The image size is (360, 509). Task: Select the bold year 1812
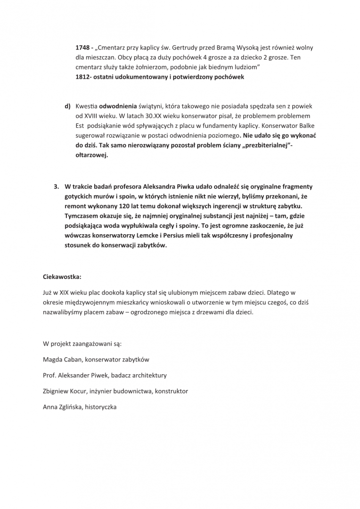pos(83,77)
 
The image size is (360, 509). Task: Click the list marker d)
pos(68,106)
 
